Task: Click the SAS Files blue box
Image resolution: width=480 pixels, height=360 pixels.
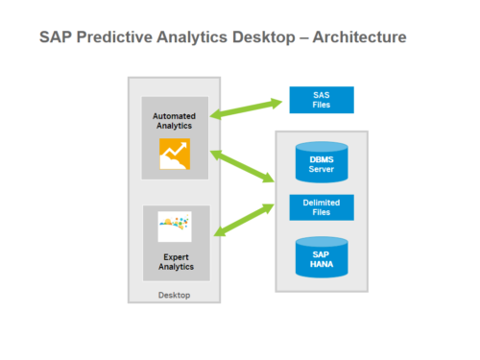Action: click(x=322, y=99)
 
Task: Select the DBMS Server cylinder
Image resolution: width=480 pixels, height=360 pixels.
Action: click(x=322, y=164)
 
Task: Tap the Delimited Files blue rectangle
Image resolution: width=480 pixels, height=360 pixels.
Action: click(x=322, y=207)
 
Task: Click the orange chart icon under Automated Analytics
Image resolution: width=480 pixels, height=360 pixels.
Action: click(x=175, y=154)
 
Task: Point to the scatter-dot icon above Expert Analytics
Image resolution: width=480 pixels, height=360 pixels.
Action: click(x=175, y=227)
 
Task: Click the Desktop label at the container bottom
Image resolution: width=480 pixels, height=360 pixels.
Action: click(x=174, y=295)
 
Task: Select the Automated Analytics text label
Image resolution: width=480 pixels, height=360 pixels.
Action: click(x=174, y=121)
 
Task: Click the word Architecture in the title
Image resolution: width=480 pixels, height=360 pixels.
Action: click(x=358, y=37)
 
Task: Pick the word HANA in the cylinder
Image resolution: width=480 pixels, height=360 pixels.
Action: click(x=322, y=262)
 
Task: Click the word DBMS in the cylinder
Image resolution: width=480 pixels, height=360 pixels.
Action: click(x=322, y=159)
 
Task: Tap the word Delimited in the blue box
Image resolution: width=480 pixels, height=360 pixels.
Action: click(x=322, y=202)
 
